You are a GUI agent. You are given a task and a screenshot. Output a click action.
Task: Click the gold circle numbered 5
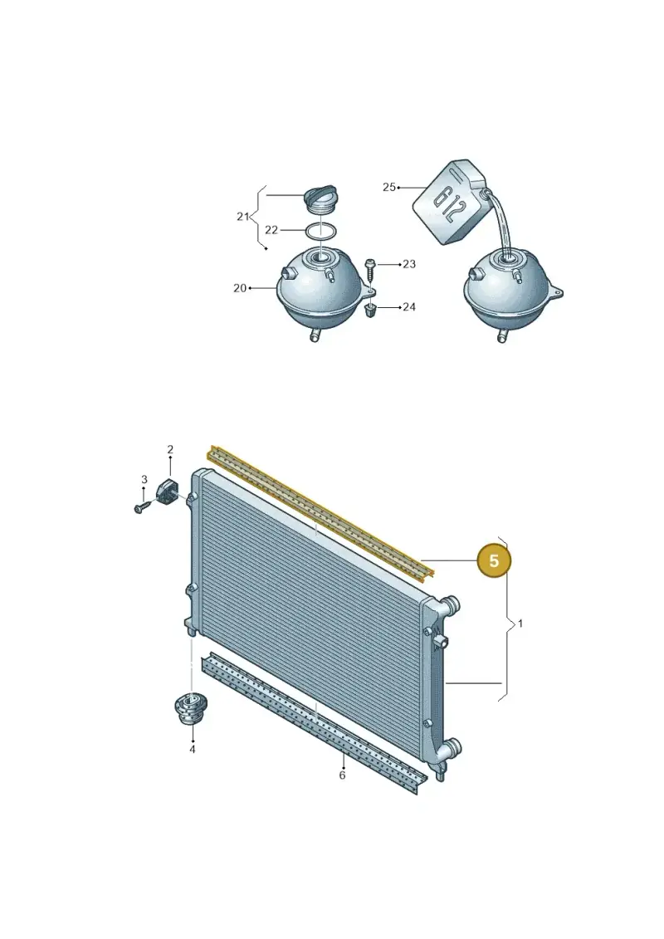coord(494,560)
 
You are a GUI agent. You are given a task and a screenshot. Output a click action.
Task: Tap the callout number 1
coord(520,624)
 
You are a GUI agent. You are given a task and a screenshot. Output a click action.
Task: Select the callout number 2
coord(170,449)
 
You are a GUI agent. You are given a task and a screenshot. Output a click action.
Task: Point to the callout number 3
coord(144,479)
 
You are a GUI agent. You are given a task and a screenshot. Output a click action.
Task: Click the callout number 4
coord(193,749)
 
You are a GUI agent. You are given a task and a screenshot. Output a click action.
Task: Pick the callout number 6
coord(342,775)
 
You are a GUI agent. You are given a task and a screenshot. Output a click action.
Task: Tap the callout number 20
coord(240,288)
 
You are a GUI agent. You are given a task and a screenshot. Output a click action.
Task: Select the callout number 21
coord(242,216)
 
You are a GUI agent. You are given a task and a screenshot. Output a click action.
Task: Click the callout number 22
coord(271,230)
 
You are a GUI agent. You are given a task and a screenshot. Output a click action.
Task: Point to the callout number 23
coord(409,264)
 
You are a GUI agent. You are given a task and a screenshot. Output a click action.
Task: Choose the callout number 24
coord(409,306)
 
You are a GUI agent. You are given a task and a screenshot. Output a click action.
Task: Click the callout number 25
coord(389,187)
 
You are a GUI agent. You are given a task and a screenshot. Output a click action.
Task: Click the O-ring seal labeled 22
coord(321,231)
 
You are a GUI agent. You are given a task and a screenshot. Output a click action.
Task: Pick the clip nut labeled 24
coord(370,311)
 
